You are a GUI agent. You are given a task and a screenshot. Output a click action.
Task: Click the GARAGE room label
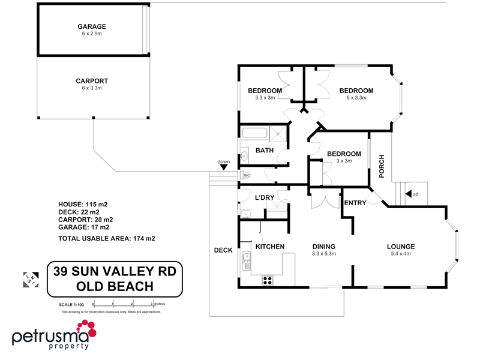coord(91,26)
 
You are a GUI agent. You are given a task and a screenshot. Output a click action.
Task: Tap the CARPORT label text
coord(91,80)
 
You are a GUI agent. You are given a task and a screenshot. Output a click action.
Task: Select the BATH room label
coord(265,151)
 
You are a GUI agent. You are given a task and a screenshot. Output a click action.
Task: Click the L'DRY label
coord(265,197)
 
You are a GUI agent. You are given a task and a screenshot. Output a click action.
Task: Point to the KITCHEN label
coord(270,247)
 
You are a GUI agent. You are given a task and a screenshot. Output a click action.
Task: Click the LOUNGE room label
coord(401,247)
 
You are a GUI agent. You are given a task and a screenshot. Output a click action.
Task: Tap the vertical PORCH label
coord(381,166)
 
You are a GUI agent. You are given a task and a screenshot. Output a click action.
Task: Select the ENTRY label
coord(355,203)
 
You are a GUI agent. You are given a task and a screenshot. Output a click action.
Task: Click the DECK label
coord(223,250)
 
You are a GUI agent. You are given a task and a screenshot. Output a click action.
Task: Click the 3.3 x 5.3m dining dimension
coord(323,254)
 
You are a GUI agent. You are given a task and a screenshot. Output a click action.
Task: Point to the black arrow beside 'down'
coord(224,168)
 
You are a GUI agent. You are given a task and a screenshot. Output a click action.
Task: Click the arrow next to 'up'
coord(409,194)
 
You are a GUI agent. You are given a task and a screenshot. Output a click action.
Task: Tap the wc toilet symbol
coord(245,175)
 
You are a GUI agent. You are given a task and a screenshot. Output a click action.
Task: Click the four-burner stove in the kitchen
coord(267,280)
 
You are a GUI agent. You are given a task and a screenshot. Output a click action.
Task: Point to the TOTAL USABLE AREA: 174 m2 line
coord(106,238)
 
